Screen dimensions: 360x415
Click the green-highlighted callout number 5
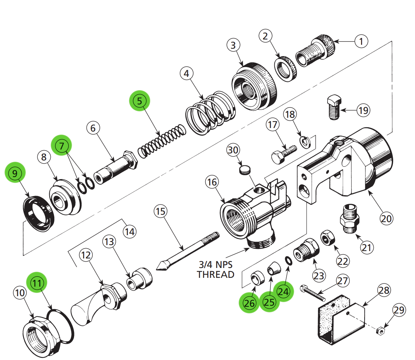pyautogui.click(x=140, y=101)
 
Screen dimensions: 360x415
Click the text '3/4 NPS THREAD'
pyautogui.click(x=215, y=269)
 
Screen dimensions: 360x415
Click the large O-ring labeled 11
pyautogui.click(x=62, y=326)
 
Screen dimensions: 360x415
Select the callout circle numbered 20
pyautogui.click(x=386, y=219)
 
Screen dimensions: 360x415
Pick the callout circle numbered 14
pyautogui.click(x=130, y=232)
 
